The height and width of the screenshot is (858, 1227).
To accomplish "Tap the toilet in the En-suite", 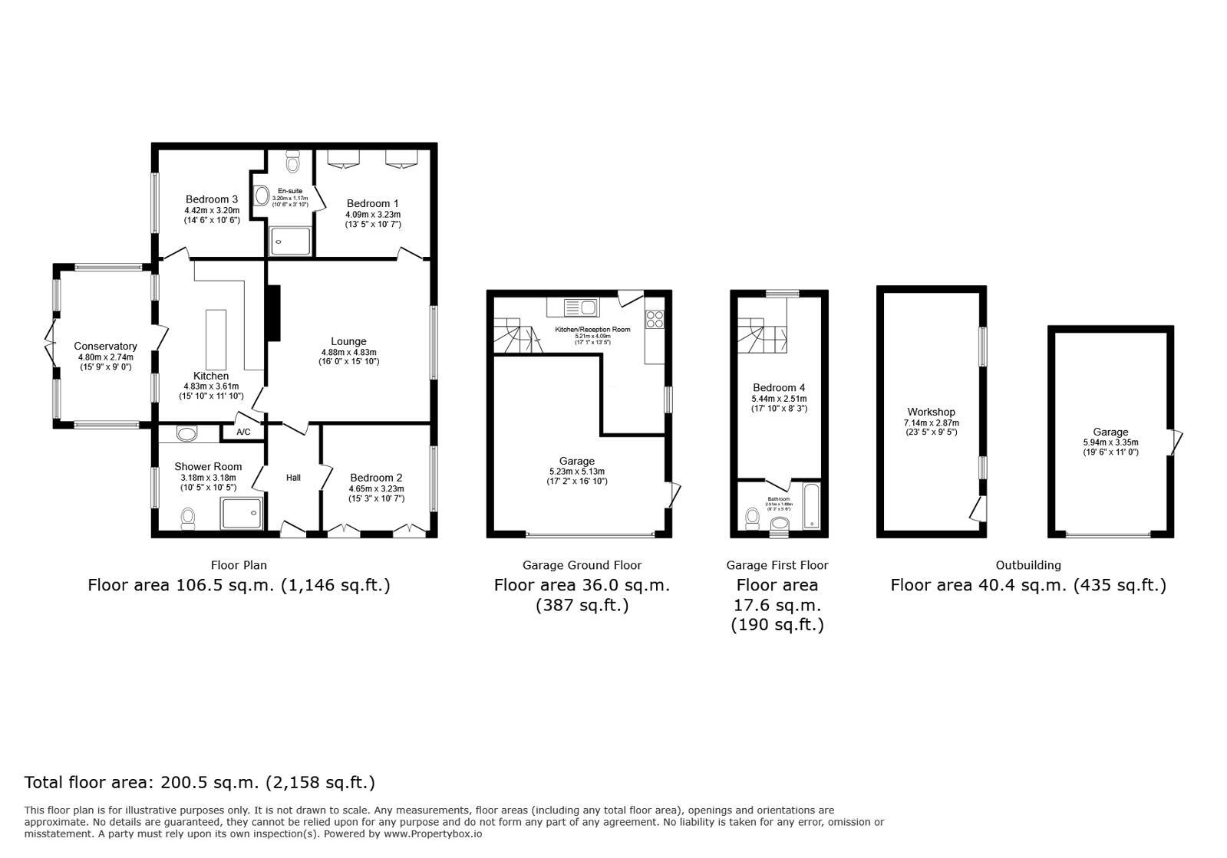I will click(292, 163).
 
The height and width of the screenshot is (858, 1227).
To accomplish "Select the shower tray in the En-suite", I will click(291, 241).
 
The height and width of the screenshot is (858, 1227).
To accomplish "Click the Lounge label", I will click(348, 341).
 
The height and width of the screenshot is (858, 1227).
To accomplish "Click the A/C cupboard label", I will click(243, 432).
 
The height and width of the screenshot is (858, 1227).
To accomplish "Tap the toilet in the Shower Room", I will click(187, 520).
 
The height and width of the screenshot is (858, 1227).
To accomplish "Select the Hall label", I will click(293, 478).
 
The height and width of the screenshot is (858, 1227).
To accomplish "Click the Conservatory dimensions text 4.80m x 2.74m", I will click(105, 357).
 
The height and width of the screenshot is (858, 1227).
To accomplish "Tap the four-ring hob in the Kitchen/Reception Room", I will click(655, 319).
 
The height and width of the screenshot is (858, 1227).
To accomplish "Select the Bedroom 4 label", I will click(778, 388).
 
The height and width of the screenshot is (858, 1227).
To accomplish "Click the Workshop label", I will click(931, 413).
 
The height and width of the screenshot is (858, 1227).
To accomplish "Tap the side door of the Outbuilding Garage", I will click(1176, 442).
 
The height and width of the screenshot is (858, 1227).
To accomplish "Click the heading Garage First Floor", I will click(777, 565).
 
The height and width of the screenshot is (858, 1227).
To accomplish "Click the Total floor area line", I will click(200, 783).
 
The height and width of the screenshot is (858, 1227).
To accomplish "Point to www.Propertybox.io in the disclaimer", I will click(433, 833).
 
